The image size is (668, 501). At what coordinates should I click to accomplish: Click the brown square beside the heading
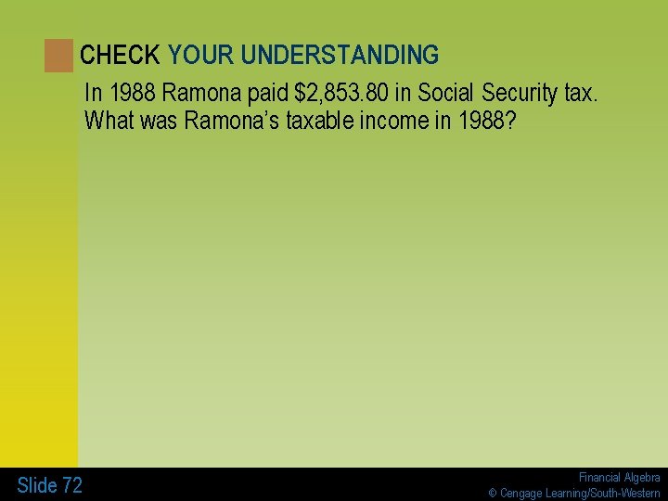coord(58,56)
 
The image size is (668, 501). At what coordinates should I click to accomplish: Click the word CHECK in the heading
coord(120,56)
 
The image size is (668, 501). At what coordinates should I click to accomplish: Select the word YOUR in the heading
coord(200,56)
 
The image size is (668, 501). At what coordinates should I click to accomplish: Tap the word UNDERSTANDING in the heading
coord(340,56)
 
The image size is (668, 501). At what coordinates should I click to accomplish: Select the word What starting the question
coord(109,122)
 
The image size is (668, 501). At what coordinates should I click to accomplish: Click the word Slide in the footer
coord(37,485)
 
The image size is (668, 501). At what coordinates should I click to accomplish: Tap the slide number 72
coord(72,485)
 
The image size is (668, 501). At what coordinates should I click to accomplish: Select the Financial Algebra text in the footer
coord(619,477)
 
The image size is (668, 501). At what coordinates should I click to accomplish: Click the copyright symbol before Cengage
coord(494,493)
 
